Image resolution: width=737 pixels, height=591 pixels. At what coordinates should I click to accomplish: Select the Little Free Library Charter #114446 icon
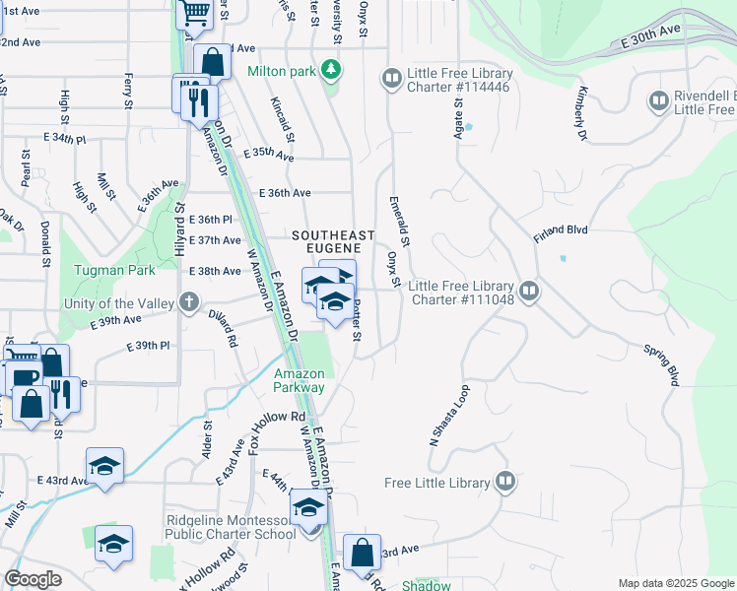point(391,78)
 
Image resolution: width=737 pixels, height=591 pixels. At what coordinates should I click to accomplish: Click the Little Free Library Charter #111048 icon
point(529,291)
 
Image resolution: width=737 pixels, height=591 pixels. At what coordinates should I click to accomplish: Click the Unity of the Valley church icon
point(187,302)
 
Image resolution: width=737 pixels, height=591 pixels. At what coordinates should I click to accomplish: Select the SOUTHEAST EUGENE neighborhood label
point(333,241)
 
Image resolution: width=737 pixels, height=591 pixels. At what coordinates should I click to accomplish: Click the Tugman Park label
point(107,270)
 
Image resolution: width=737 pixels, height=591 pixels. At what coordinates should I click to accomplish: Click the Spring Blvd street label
point(660,363)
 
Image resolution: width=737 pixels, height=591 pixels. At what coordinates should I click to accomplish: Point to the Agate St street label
point(458,109)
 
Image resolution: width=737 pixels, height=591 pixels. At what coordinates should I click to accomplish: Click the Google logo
point(33,579)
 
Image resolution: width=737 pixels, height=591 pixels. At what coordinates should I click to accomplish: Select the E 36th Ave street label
point(285,193)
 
